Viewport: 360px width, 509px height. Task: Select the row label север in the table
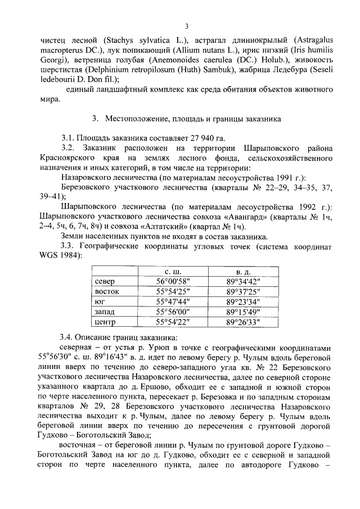pos(106,282)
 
